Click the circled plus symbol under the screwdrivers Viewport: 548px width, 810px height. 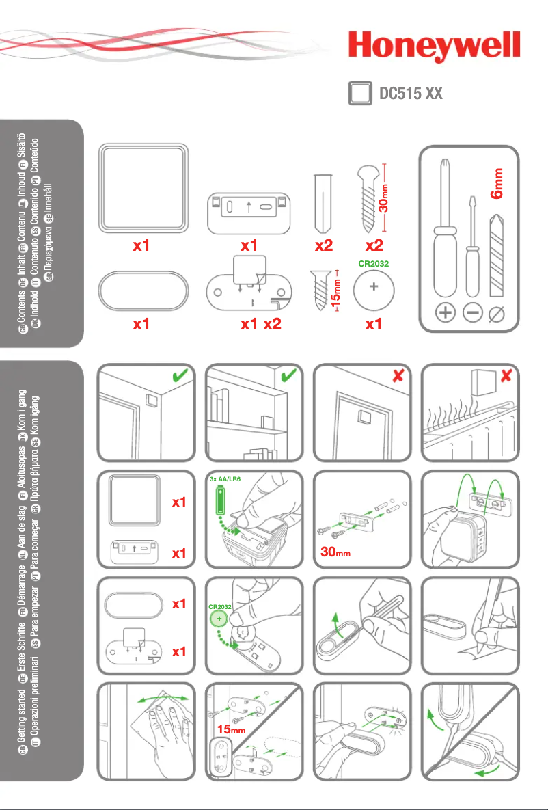point(446,314)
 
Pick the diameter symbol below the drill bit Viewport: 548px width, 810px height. point(499,314)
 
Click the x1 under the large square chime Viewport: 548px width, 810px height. point(141,247)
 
